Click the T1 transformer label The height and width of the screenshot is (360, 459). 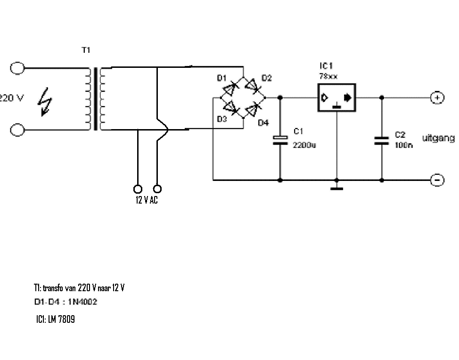86,50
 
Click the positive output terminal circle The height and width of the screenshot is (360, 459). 437,98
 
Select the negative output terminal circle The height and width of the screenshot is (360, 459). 437,180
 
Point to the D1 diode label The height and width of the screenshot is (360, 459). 221,78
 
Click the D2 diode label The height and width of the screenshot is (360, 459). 266,78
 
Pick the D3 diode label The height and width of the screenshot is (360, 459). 221,119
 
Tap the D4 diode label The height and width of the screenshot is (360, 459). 263,123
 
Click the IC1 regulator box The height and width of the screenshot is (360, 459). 336,98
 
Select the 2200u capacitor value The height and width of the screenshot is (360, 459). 304,145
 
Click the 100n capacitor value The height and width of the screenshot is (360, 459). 404,145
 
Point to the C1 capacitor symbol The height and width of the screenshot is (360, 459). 280,140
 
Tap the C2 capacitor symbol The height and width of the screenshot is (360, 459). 382,140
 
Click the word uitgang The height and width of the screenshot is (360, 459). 438,138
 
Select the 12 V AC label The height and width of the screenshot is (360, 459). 147,200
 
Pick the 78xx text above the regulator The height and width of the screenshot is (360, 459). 328,76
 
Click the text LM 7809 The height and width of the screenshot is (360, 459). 61,319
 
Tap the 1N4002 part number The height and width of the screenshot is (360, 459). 82,302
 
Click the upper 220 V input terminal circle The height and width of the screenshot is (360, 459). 17,68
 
